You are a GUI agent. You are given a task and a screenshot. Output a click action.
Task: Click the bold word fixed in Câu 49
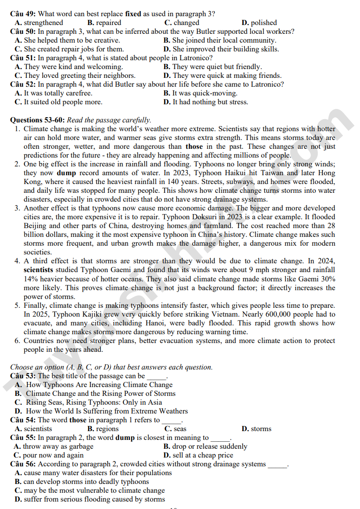pyautogui.click(x=133, y=14)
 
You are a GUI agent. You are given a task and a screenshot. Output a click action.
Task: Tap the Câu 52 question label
pyautogui.click(x=22, y=84)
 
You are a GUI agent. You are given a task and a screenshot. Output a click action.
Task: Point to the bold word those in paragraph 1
pyautogui.click(x=194, y=146)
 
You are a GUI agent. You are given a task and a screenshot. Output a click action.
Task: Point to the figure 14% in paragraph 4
pyautogui.click(x=32, y=279)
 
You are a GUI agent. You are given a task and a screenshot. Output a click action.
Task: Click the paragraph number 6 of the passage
pyautogui.click(x=17, y=341)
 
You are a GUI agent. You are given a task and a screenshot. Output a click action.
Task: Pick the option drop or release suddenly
pyautogui.click(x=205, y=446)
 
